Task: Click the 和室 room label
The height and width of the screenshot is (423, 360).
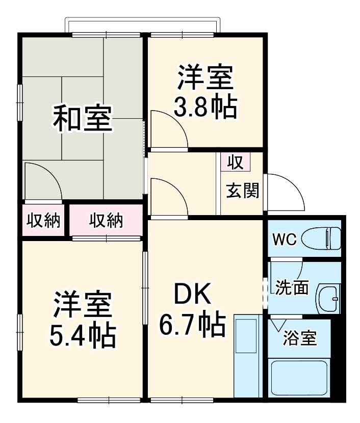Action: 83,118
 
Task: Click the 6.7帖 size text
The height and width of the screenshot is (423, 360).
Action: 192,324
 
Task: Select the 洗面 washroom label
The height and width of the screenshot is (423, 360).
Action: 292,288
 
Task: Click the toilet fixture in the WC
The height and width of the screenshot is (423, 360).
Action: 321,237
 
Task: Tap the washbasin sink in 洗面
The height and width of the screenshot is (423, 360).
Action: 327,297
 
